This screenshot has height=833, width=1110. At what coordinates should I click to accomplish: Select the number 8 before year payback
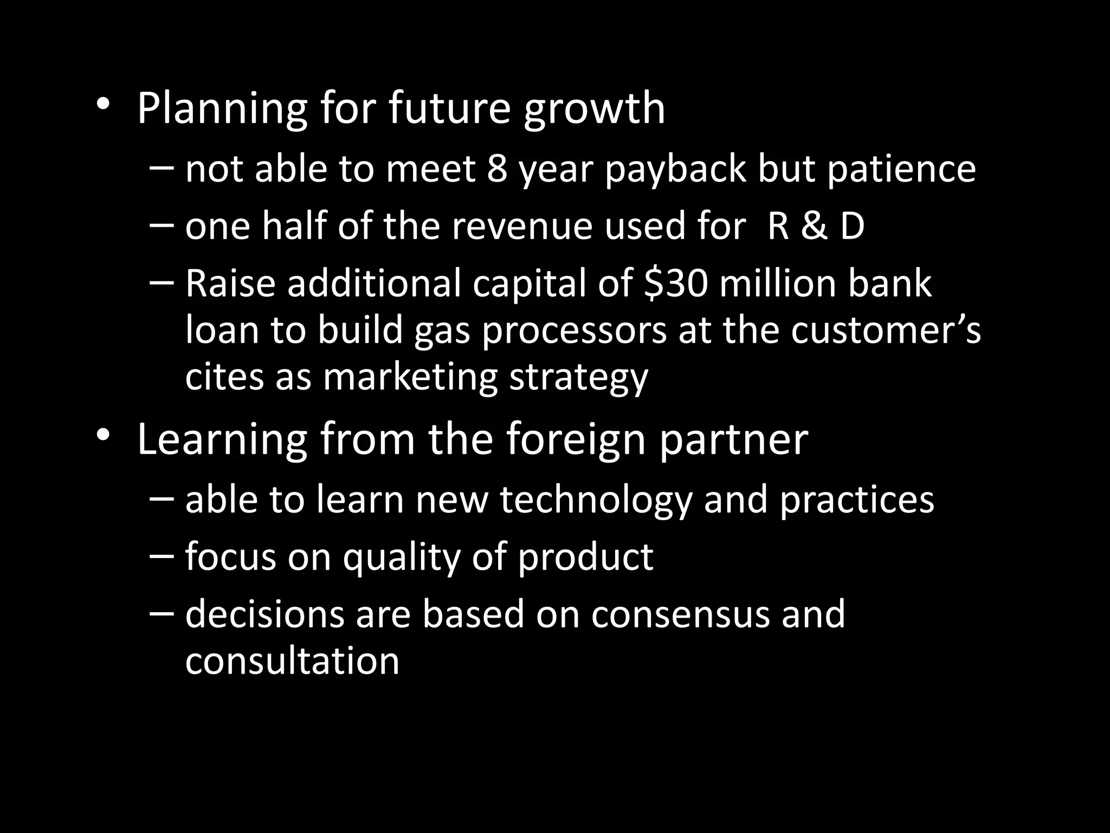[x=497, y=168]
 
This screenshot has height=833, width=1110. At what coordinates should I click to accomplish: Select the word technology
[x=596, y=500]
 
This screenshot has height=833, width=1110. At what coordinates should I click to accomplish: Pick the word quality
[x=401, y=558]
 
